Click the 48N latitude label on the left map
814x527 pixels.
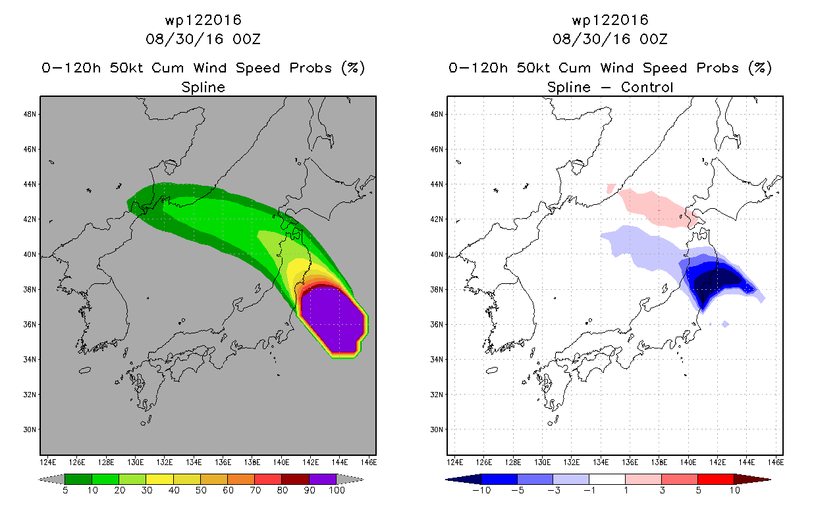pyautogui.click(x=30, y=114)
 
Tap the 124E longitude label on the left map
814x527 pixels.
pyautogui.click(x=47, y=462)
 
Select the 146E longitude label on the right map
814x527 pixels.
pyautogui.click(x=776, y=462)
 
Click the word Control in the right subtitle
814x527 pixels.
pyautogui.click(x=647, y=87)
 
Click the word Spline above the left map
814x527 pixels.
pyautogui.click(x=203, y=87)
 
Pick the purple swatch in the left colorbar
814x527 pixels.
pyautogui.click(x=323, y=479)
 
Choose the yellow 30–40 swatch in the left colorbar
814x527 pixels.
pyautogui.click(x=160, y=479)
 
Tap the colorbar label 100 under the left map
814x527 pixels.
pyautogui.click(x=337, y=490)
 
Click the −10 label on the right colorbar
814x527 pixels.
pyautogui.click(x=481, y=490)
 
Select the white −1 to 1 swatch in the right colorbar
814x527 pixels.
pyautogui.click(x=607, y=479)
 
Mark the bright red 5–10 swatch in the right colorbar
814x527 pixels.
pyautogui.click(x=715, y=479)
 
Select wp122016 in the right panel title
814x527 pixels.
pyautogui.click(x=610, y=20)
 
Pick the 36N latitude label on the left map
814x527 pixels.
pyautogui.click(x=30, y=324)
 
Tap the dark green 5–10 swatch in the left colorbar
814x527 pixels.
pyautogui.click(x=78, y=479)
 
